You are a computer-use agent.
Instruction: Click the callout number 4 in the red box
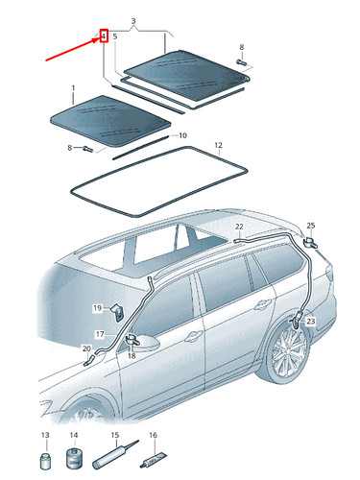point(103,36)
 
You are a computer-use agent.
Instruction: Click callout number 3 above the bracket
point(133,20)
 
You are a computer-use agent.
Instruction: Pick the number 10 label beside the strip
point(182,135)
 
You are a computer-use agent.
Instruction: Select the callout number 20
point(86,348)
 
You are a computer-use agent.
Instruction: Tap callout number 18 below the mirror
point(132,355)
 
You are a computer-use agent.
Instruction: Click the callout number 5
point(115,36)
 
